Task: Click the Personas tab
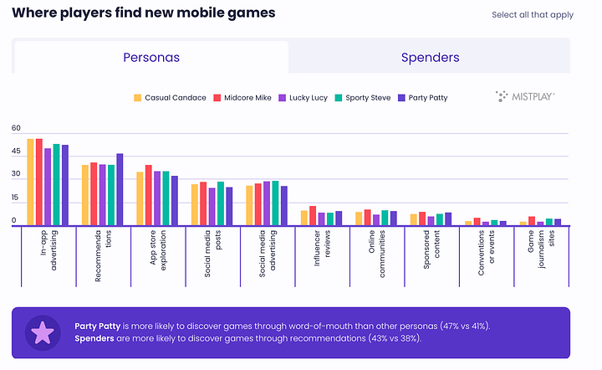[151, 58]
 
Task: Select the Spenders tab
[430, 58]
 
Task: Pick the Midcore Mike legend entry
[240, 98]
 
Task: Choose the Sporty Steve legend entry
[367, 98]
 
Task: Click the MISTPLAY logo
[525, 97]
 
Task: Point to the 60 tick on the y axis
[16, 128]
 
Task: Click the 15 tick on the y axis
[16, 198]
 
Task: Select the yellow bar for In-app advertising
[30, 182]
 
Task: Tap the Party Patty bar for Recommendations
[120, 189]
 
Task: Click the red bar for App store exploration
[148, 195]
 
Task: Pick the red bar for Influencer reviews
[312, 215]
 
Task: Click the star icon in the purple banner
[42, 332]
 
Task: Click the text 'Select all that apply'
[533, 15]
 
